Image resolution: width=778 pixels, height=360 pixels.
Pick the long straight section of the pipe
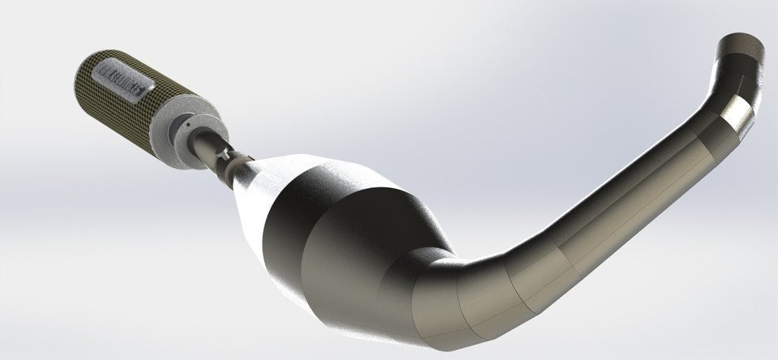pos(616,211)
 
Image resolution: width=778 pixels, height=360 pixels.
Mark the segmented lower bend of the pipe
pos(486,300)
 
